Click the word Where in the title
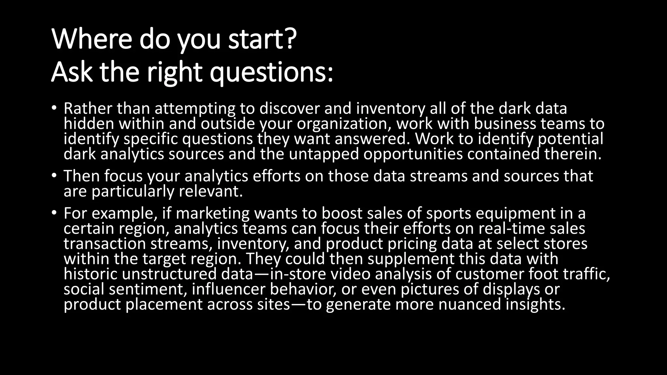click(92, 39)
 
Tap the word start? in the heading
click(262, 39)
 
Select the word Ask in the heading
click(71, 72)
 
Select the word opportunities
click(413, 154)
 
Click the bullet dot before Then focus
click(54, 176)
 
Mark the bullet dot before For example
click(54, 213)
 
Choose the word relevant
click(211, 191)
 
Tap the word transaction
click(105, 244)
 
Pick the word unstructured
click(169, 274)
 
